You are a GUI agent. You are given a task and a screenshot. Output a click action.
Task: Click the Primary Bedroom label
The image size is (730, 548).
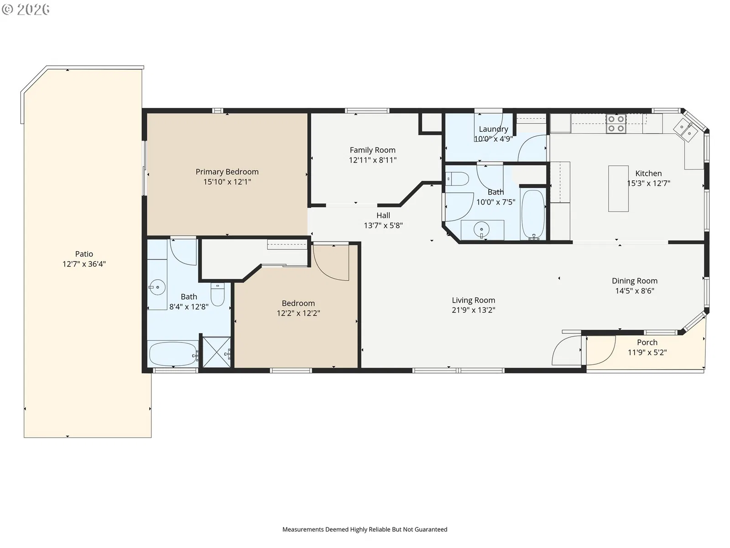[227, 172]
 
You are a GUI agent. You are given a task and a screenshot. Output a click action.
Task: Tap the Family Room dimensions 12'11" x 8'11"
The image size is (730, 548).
[372, 160]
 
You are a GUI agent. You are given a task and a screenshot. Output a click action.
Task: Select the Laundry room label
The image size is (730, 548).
[493, 129]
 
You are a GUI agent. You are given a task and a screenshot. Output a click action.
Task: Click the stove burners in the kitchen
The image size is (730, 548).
[616, 123]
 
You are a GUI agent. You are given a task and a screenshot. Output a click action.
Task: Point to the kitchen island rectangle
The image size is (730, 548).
[618, 188]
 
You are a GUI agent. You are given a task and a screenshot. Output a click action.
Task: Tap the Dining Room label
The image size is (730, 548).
[635, 281]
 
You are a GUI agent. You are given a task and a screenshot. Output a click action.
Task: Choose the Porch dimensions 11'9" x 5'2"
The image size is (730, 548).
[647, 353]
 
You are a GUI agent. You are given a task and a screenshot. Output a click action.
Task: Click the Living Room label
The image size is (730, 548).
[473, 300]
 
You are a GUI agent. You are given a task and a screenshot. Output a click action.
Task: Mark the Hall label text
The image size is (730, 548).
[383, 215]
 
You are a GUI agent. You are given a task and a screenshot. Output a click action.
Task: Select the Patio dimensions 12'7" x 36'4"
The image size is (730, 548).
[84, 264]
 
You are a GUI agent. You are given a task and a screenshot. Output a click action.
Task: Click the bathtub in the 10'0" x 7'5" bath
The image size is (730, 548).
[533, 214]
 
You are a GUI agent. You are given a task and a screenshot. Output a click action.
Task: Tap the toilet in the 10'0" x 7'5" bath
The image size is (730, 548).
[457, 179]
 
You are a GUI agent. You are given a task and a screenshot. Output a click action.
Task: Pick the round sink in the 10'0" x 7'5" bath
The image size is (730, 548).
[481, 229]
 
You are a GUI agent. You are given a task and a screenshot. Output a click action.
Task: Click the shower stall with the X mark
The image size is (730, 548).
[217, 352]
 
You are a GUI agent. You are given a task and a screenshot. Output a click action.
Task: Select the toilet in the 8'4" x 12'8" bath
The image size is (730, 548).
[218, 294]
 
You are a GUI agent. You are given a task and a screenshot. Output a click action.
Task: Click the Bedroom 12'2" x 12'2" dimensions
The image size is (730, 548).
[298, 313]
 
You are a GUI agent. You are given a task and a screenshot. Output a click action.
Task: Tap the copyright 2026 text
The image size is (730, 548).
[26, 9]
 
